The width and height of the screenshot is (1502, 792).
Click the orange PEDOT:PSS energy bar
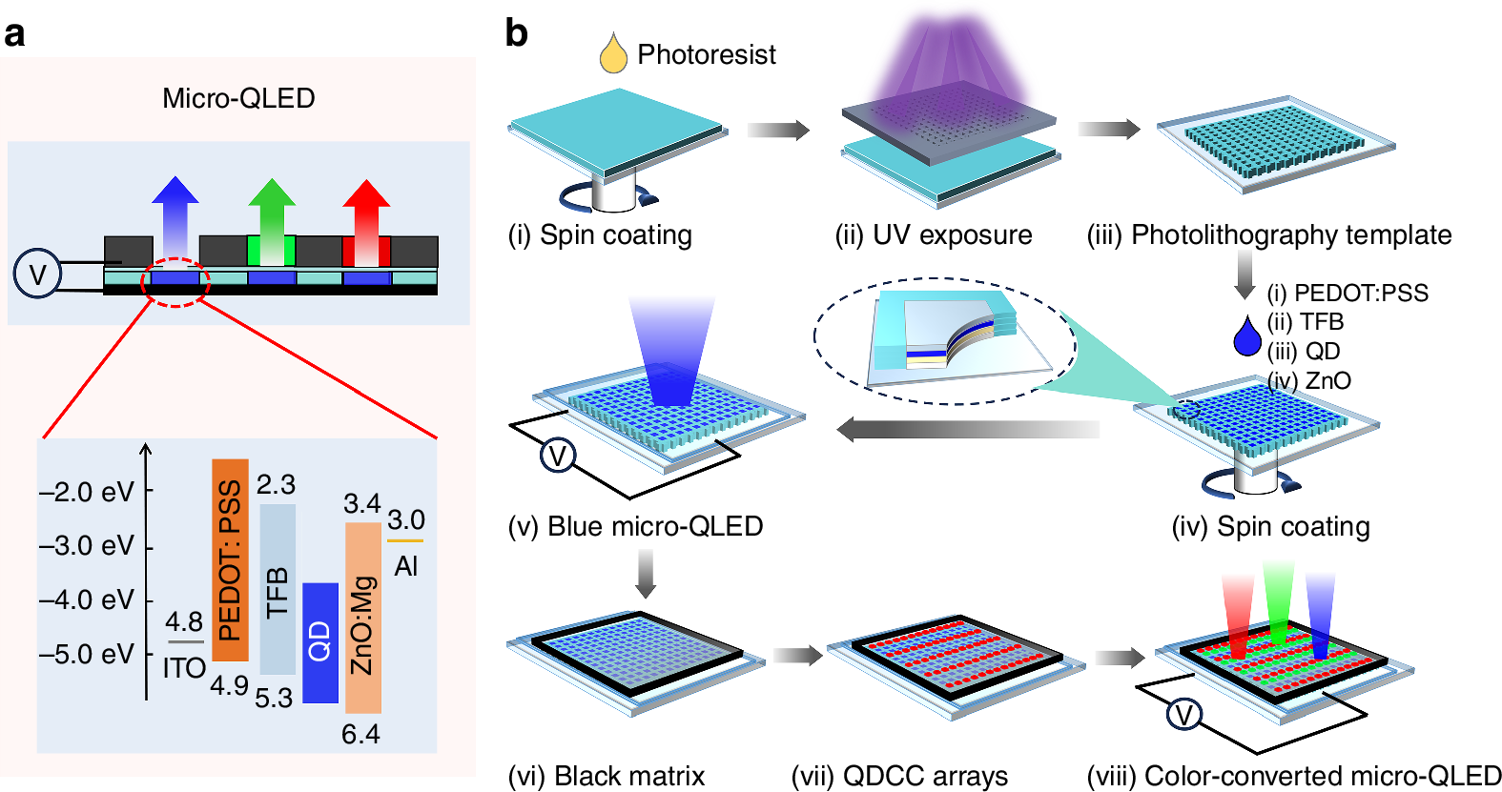230,559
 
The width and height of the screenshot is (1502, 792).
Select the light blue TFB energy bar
278,589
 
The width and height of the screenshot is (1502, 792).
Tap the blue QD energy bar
320,642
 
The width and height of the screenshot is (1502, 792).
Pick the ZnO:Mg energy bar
362,617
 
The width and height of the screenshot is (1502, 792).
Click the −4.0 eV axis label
87,600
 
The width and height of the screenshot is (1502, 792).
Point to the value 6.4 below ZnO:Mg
360,734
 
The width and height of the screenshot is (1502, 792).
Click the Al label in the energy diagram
406,566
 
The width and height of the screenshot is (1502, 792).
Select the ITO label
184,668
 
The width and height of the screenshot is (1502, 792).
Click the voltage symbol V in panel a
37,274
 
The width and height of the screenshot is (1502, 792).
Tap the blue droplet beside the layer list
1246,336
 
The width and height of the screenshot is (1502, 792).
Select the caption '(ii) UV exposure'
934,234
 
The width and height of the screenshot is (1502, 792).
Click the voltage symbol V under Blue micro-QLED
558,456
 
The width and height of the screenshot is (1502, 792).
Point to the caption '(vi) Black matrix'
606,776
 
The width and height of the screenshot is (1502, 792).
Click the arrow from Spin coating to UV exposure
778,130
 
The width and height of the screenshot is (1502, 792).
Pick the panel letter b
516,33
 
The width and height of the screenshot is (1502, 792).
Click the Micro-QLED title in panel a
238,98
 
